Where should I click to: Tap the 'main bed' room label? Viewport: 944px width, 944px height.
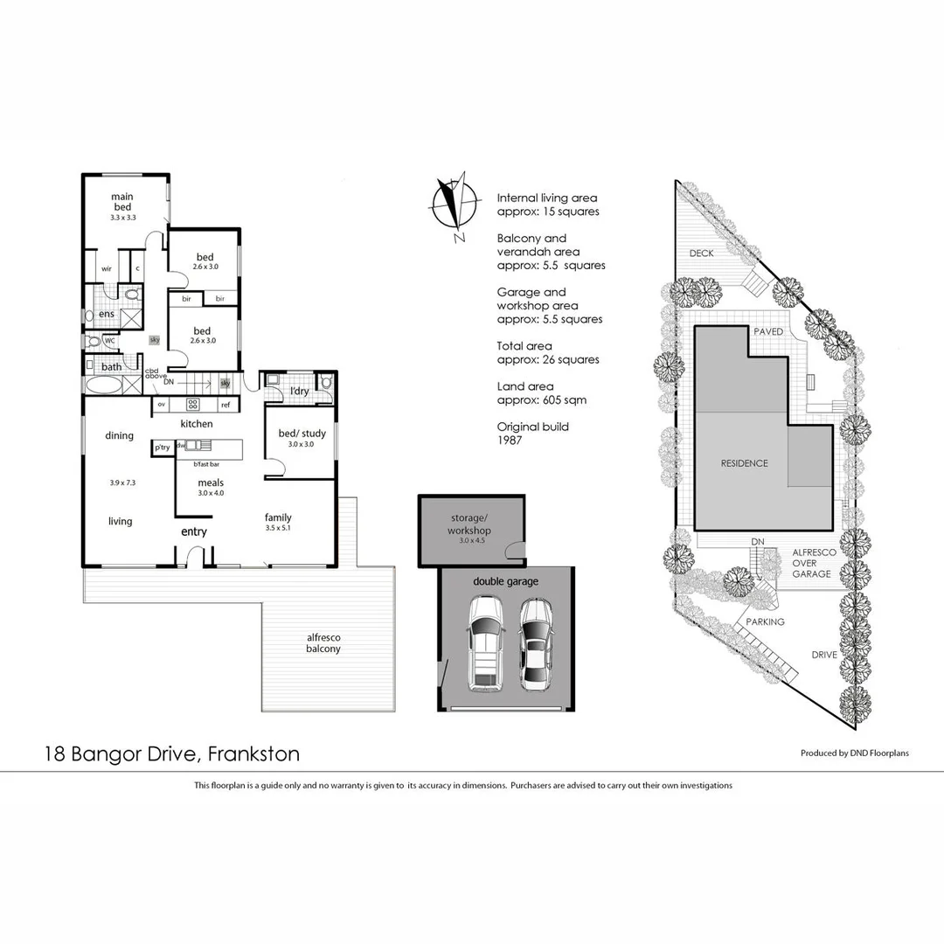pos(122,202)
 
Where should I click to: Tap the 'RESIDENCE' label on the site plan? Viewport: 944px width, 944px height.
pos(745,463)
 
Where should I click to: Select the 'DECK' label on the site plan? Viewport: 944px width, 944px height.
pos(702,253)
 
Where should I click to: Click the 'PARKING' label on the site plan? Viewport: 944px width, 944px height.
pos(765,621)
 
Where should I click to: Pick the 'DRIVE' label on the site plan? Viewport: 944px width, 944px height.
pos(825,654)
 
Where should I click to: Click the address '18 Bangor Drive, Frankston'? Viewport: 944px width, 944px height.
pos(172,753)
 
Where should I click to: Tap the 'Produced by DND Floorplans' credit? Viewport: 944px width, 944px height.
pos(854,753)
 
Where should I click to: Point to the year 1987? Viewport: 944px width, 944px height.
pos(510,441)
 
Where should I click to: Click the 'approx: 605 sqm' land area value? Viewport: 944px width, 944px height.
pos(542,400)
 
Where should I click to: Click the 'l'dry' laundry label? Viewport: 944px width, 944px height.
pos(299,392)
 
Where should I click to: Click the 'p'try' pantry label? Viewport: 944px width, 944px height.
pos(162,448)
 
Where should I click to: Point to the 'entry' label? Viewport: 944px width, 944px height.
pos(194,531)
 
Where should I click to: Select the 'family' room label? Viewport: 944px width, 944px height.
pos(278,517)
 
